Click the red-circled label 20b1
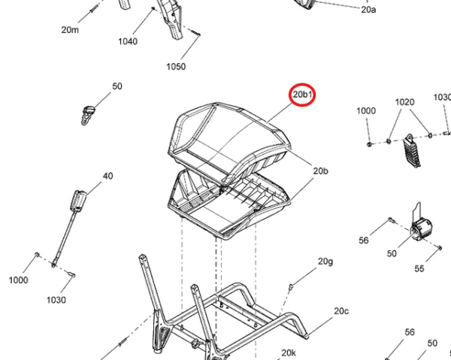(x=302, y=94)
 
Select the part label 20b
(x=320, y=171)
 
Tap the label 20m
(x=70, y=29)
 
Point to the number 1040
(x=128, y=41)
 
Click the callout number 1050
(x=176, y=66)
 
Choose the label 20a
(x=368, y=10)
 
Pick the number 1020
(x=404, y=102)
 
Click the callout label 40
(x=107, y=176)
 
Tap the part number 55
(x=419, y=268)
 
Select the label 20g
(x=325, y=262)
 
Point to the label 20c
(x=341, y=311)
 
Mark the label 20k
(x=289, y=352)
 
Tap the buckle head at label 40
(x=77, y=201)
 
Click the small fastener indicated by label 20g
(x=290, y=286)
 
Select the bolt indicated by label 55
(x=440, y=247)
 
